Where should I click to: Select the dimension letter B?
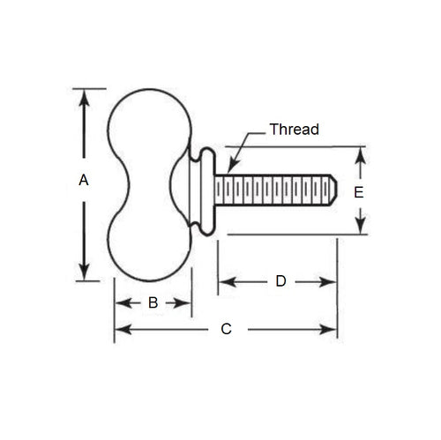(x=152, y=302)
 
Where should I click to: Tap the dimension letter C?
(x=226, y=329)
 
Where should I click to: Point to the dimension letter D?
(x=280, y=281)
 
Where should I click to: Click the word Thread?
(x=294, y=129)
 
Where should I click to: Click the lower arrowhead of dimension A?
(x=84, y=272)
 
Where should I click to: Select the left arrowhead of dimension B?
(x=121, y=302)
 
